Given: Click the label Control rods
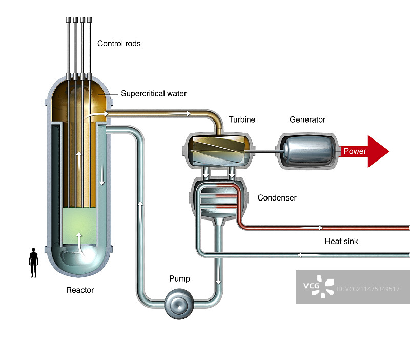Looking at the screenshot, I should (x=119, y=44).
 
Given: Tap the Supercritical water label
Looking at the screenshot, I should (x=154, y=94).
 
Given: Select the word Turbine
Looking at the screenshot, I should (x=242, y=120).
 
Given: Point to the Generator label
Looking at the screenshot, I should (x=307, y=120).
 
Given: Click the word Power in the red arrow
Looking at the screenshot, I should (x=355, y=151).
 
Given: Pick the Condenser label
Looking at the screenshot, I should (x=277, y=197).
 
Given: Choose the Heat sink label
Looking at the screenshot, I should (x=341, y=241).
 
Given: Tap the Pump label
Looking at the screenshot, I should (x=179, y=279).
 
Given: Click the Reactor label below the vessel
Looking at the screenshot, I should (x=80, y=290).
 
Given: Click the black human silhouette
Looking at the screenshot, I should (x=34, y=263).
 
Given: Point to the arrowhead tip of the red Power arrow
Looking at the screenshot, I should (x=388, y=151).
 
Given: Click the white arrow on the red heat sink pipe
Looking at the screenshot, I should (x=313, y=227).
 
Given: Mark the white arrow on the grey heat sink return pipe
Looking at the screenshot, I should (x=307, y=254).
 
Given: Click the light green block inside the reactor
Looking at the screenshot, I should (x=78, y=225).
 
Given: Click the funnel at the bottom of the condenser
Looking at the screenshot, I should (x=219, y=220).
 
